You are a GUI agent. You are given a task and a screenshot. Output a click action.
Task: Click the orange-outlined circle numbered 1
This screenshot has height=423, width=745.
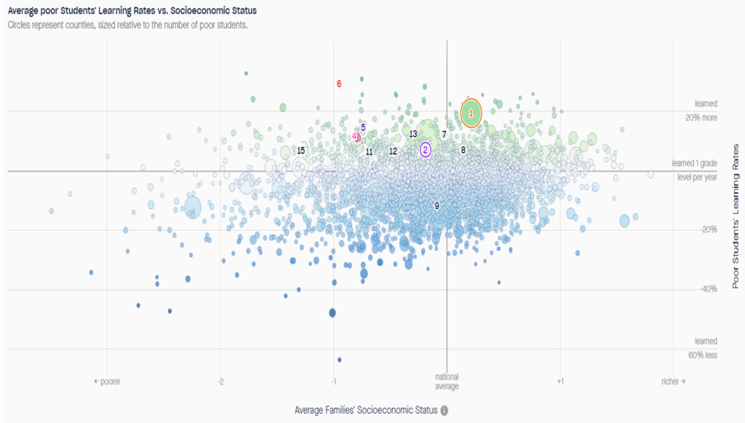pyautogui.click(x=471, y=113)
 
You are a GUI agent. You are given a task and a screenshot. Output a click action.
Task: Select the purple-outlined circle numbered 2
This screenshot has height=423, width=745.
pyautogui.click(x=425, y=149)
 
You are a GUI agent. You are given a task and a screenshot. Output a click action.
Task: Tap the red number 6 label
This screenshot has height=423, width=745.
pyautogui.click(x=339, y=84)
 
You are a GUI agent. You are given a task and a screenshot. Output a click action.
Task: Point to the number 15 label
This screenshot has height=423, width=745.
pyautogui.click(x=300, y=151)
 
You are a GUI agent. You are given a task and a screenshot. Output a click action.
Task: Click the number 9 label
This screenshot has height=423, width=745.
pyautogui.click(x=437, y=206)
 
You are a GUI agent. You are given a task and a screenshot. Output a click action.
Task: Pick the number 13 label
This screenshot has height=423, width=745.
pyautogui.click(x=413, y=134)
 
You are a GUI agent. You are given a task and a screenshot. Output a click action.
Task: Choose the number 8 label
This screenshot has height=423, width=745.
pyautogui.click(x=463, y=150)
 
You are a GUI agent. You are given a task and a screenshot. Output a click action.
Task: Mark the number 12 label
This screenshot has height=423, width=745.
pyautogui.click(x=393, y=151)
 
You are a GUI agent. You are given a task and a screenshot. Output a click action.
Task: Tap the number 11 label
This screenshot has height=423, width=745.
pyautogui.click(x=369, y=152)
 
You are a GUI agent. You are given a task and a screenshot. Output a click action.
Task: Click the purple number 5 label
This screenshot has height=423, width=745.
pyautogui.click(x=363, y=128)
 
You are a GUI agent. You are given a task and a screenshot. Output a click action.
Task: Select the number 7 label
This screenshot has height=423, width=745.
pyautogui.click(x=444, y=135)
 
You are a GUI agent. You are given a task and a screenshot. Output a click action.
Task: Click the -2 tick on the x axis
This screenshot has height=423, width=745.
pyautogui.click(x=220, y=382)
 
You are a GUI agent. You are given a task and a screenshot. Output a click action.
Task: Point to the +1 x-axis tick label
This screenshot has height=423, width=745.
pyautogui.click(x=560, y=382)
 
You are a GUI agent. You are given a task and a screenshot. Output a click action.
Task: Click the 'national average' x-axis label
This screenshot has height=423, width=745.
pyautogui.click(x=446, y=382)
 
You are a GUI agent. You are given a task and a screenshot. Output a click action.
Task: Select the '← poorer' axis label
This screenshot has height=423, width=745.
pyautogui.click(x=107, y=382)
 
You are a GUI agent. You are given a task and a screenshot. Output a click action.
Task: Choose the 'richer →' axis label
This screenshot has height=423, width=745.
pyautogui.click(x=673, y=382)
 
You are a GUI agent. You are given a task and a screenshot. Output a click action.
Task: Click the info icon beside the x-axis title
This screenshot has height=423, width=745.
pyautogui.click(x=445, y=410)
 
